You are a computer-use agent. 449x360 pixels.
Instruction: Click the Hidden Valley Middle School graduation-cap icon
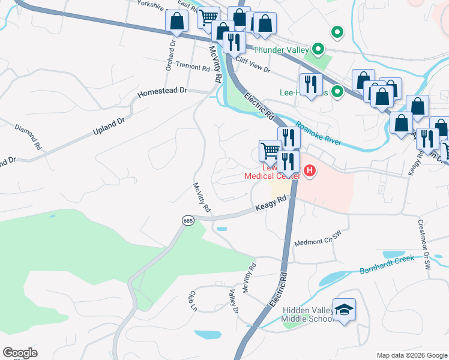coord(344,310)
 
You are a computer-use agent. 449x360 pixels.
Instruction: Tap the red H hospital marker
coord(310,172)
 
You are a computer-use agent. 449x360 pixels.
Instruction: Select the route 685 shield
coord(188,221)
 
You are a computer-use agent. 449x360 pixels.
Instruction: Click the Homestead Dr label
coord(163,92)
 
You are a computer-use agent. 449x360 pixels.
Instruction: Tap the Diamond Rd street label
coord(28,137)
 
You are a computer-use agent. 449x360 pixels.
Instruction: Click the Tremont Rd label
coord(192,67)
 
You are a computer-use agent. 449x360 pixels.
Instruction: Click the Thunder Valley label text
coord(281,50)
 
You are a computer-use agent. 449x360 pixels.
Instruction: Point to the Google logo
coord(20,353)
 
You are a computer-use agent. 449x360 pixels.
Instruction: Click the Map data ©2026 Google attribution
coord(411,355)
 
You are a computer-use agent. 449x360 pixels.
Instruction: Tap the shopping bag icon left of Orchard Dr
coord(177,22)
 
